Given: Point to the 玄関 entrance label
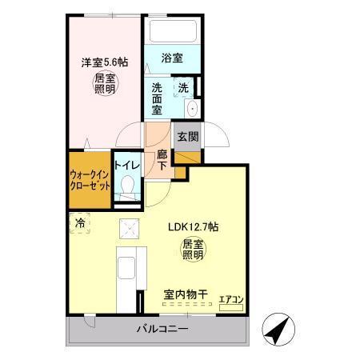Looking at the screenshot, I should click(186, 135).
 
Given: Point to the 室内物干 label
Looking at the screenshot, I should click(186, 295).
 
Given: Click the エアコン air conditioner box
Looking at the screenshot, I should click(231, 300).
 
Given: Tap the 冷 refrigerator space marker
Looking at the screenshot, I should click(81, 223).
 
